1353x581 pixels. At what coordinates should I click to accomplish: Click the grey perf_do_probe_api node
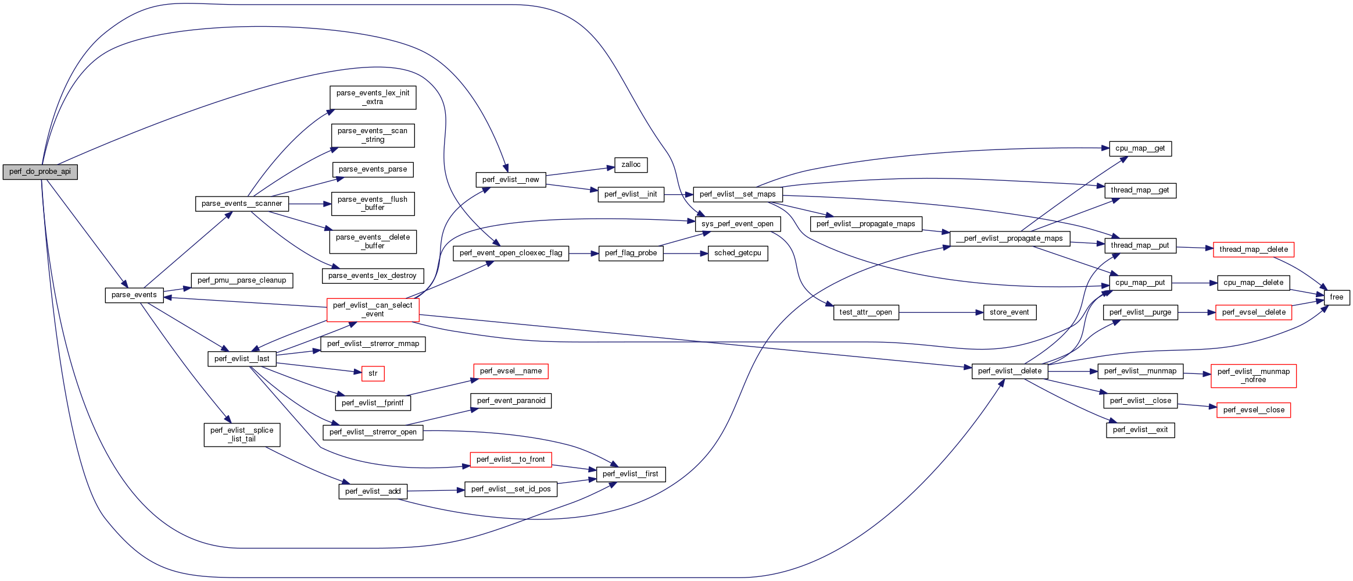40,172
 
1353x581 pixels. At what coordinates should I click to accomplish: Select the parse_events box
134,295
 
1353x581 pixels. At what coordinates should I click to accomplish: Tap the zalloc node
631,165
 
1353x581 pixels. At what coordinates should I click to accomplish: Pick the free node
1336,297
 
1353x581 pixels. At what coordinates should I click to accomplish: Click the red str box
373,373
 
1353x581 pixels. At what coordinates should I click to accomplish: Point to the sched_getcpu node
738,253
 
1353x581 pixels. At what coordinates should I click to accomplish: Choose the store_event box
1009,312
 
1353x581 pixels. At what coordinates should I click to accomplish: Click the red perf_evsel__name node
510,371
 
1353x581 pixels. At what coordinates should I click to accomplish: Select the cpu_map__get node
1140,148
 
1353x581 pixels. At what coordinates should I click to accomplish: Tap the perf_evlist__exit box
1140,430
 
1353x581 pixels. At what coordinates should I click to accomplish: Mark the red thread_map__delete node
1253,249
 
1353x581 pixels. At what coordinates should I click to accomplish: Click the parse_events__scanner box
242,204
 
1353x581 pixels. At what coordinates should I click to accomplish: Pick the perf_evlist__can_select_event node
373,309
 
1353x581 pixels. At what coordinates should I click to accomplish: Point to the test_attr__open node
865,312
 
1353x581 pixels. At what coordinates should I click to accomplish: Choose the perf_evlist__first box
630,474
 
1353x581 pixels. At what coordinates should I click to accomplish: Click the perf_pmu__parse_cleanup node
242,280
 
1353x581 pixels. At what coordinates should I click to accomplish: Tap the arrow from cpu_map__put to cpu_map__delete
1194,283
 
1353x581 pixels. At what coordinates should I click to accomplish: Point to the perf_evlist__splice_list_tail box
242,434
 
